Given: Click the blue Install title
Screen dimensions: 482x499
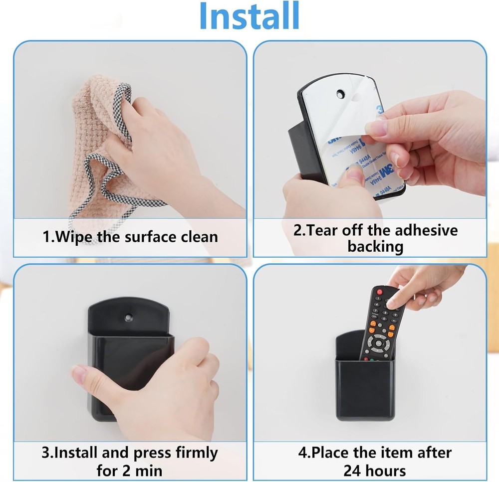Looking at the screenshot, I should pos(249,16).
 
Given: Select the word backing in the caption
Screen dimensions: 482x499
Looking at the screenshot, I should pos(375,246).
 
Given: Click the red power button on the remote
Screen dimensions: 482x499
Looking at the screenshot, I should pos(379,292).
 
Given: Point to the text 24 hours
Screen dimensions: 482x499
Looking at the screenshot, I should pos(374,470).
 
